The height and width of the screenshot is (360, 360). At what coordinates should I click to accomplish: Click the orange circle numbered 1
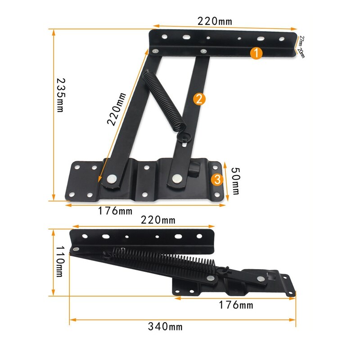(256, 54)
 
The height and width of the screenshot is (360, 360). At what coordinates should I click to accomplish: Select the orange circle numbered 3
(217, 180)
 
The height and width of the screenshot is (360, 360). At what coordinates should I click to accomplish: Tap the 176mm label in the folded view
(236, 306)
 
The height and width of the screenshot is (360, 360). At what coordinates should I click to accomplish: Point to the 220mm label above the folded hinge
(158, 220)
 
